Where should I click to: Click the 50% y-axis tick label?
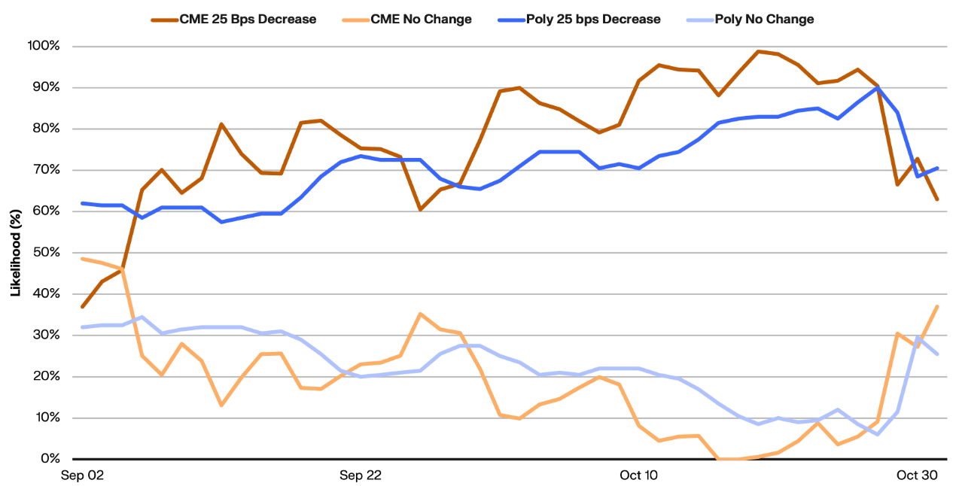click(x=45, y=253)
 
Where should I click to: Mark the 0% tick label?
click(x=49, y=459)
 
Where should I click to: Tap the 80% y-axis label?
click(x=45, y=129)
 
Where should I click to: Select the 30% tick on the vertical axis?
click(x=45, y=335)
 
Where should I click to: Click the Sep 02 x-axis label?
click(x=82, y=475)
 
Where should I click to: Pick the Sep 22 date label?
click(x=361, y=475)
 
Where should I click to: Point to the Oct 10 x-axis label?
click(x=638, y=475)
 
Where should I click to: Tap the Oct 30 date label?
click(x=917, y=475)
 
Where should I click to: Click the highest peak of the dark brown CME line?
click(x=758, y=51)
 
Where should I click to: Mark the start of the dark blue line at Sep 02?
click(x=83, y=203)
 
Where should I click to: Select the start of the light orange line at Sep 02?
click(x=83, y=259)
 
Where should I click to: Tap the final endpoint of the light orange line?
click(x=937, y=306)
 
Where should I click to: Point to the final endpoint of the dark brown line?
click(x=937, y=199)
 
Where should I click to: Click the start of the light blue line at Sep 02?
click(x=83, y=327)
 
